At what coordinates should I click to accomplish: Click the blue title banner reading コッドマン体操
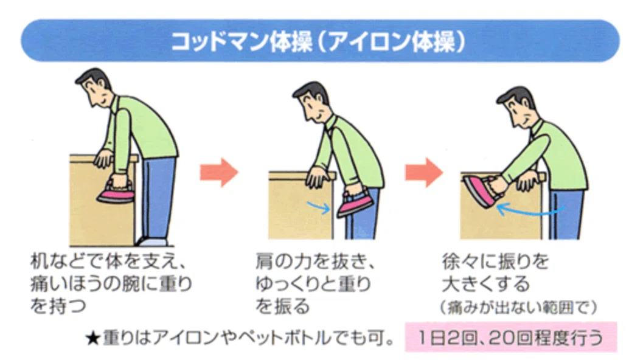click(x=320, y=41)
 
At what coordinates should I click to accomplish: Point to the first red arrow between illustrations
click(x=219, y=172)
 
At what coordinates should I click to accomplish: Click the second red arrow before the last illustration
click(x=423, y=172)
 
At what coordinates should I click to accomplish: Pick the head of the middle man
click(x=311, y=102)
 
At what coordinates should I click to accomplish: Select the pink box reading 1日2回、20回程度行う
click(x=510, y=337)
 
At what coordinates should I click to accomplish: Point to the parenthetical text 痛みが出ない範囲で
click(x=519, y=308)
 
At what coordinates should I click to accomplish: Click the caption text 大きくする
click(x=486, y=284)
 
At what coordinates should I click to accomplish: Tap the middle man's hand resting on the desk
click(x=318, y=178)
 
